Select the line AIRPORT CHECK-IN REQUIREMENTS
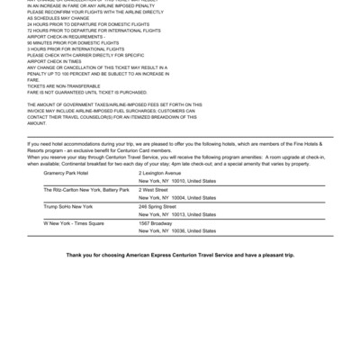(72, 36)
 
